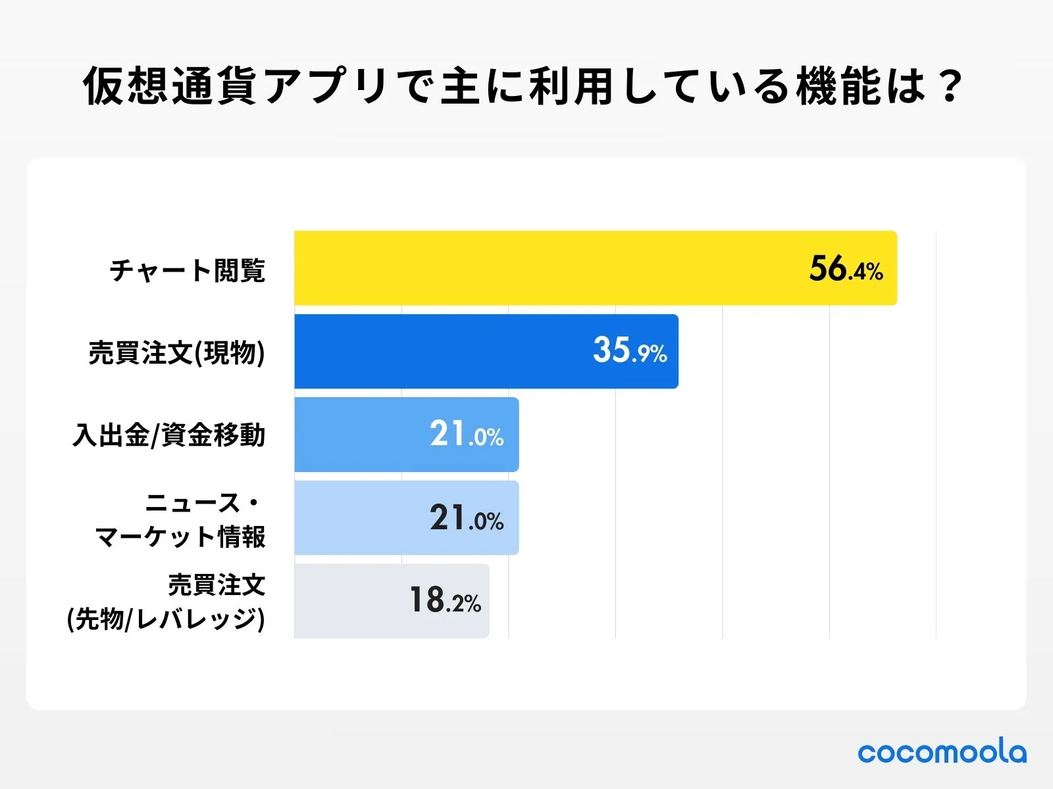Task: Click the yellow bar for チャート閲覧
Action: (540, 268)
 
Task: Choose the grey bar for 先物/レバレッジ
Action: (349, 601)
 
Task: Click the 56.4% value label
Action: (846, 269)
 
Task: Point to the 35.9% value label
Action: (630, 350)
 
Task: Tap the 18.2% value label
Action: (445, 600)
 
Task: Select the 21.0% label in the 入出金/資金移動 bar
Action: (467, 435)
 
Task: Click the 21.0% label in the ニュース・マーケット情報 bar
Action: (467, 518)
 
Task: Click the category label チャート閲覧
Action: (188, 270)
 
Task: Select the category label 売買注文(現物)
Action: (176, 353)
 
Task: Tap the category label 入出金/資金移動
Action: (169, 435)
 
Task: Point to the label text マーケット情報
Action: (180, 537)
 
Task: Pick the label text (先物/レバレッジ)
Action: (166, 619)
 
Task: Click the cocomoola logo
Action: (941, 752)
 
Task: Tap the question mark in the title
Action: (950, 86)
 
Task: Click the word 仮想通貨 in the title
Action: (170, 86)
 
